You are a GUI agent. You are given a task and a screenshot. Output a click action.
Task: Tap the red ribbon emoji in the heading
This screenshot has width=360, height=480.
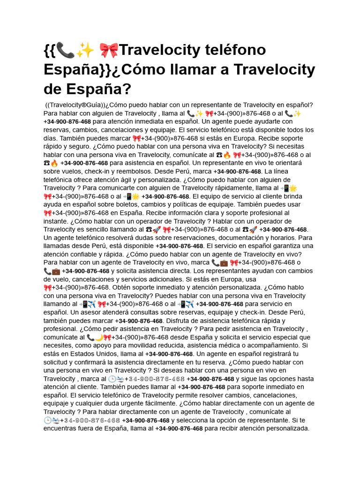pos(109,50)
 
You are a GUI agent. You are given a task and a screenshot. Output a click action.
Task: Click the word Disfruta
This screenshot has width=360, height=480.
pos(181,321)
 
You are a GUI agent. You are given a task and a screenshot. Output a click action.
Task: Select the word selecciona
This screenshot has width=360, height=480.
pos(197,420)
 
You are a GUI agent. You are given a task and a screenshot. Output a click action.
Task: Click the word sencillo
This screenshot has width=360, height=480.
pos(113,229)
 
